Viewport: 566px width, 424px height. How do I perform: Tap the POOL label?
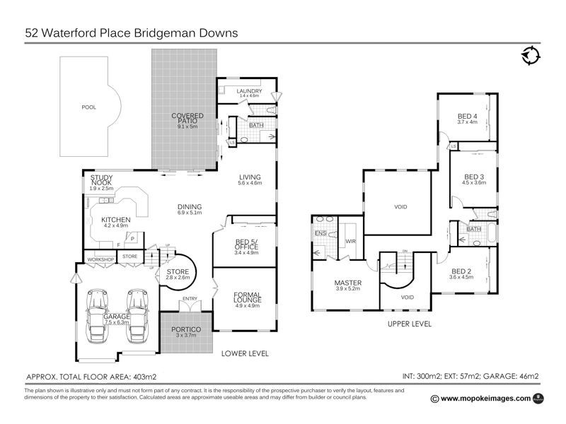pos(88,107)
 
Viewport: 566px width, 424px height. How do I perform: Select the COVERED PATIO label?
pos(187,118)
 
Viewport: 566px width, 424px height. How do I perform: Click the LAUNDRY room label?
pos(250,91)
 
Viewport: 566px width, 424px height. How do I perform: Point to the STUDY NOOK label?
pos(101,180)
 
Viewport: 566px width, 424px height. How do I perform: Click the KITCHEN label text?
pos(116,220)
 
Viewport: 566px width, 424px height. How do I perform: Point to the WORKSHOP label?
pos(100,259)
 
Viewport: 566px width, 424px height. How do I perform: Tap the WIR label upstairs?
pos(350,241)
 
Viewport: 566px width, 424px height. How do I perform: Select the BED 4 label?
pos(468,116)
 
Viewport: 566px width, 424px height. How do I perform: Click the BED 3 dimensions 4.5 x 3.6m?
pos(474,182)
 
